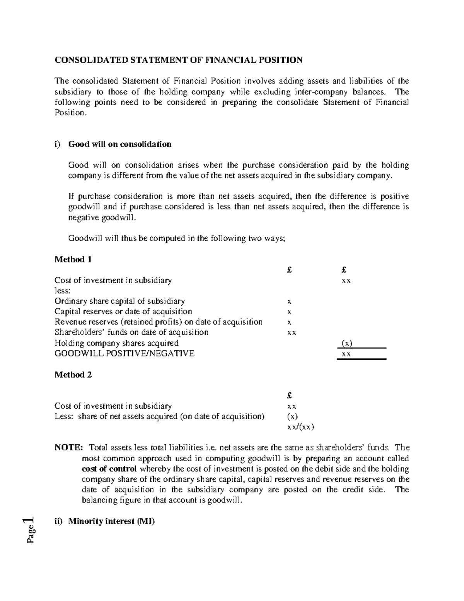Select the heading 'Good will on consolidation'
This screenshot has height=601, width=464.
[x=119, y=144]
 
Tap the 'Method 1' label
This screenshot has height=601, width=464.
[x=73, y=259]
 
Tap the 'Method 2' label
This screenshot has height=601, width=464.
[x=73, y=375]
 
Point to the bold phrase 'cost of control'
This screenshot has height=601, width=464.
[x=109, y=469]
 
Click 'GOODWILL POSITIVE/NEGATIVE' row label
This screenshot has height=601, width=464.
[x=124, y=353]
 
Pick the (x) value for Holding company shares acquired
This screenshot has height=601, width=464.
[x=346, y=343]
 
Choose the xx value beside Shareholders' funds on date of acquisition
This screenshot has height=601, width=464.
[x=292, y=333]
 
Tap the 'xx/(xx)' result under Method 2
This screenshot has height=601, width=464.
[x=300, y=427]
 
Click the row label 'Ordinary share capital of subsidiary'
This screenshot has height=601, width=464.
[x=119, y=301]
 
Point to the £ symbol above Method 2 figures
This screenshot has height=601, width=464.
[x=289, y=396]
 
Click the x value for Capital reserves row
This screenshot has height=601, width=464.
[x=289, y=312]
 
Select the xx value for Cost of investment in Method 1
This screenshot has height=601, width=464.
[x=346, y=281]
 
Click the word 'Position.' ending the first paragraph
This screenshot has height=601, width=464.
[x=70, y=113]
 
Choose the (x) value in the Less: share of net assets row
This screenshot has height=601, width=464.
[x=292, y=417]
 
